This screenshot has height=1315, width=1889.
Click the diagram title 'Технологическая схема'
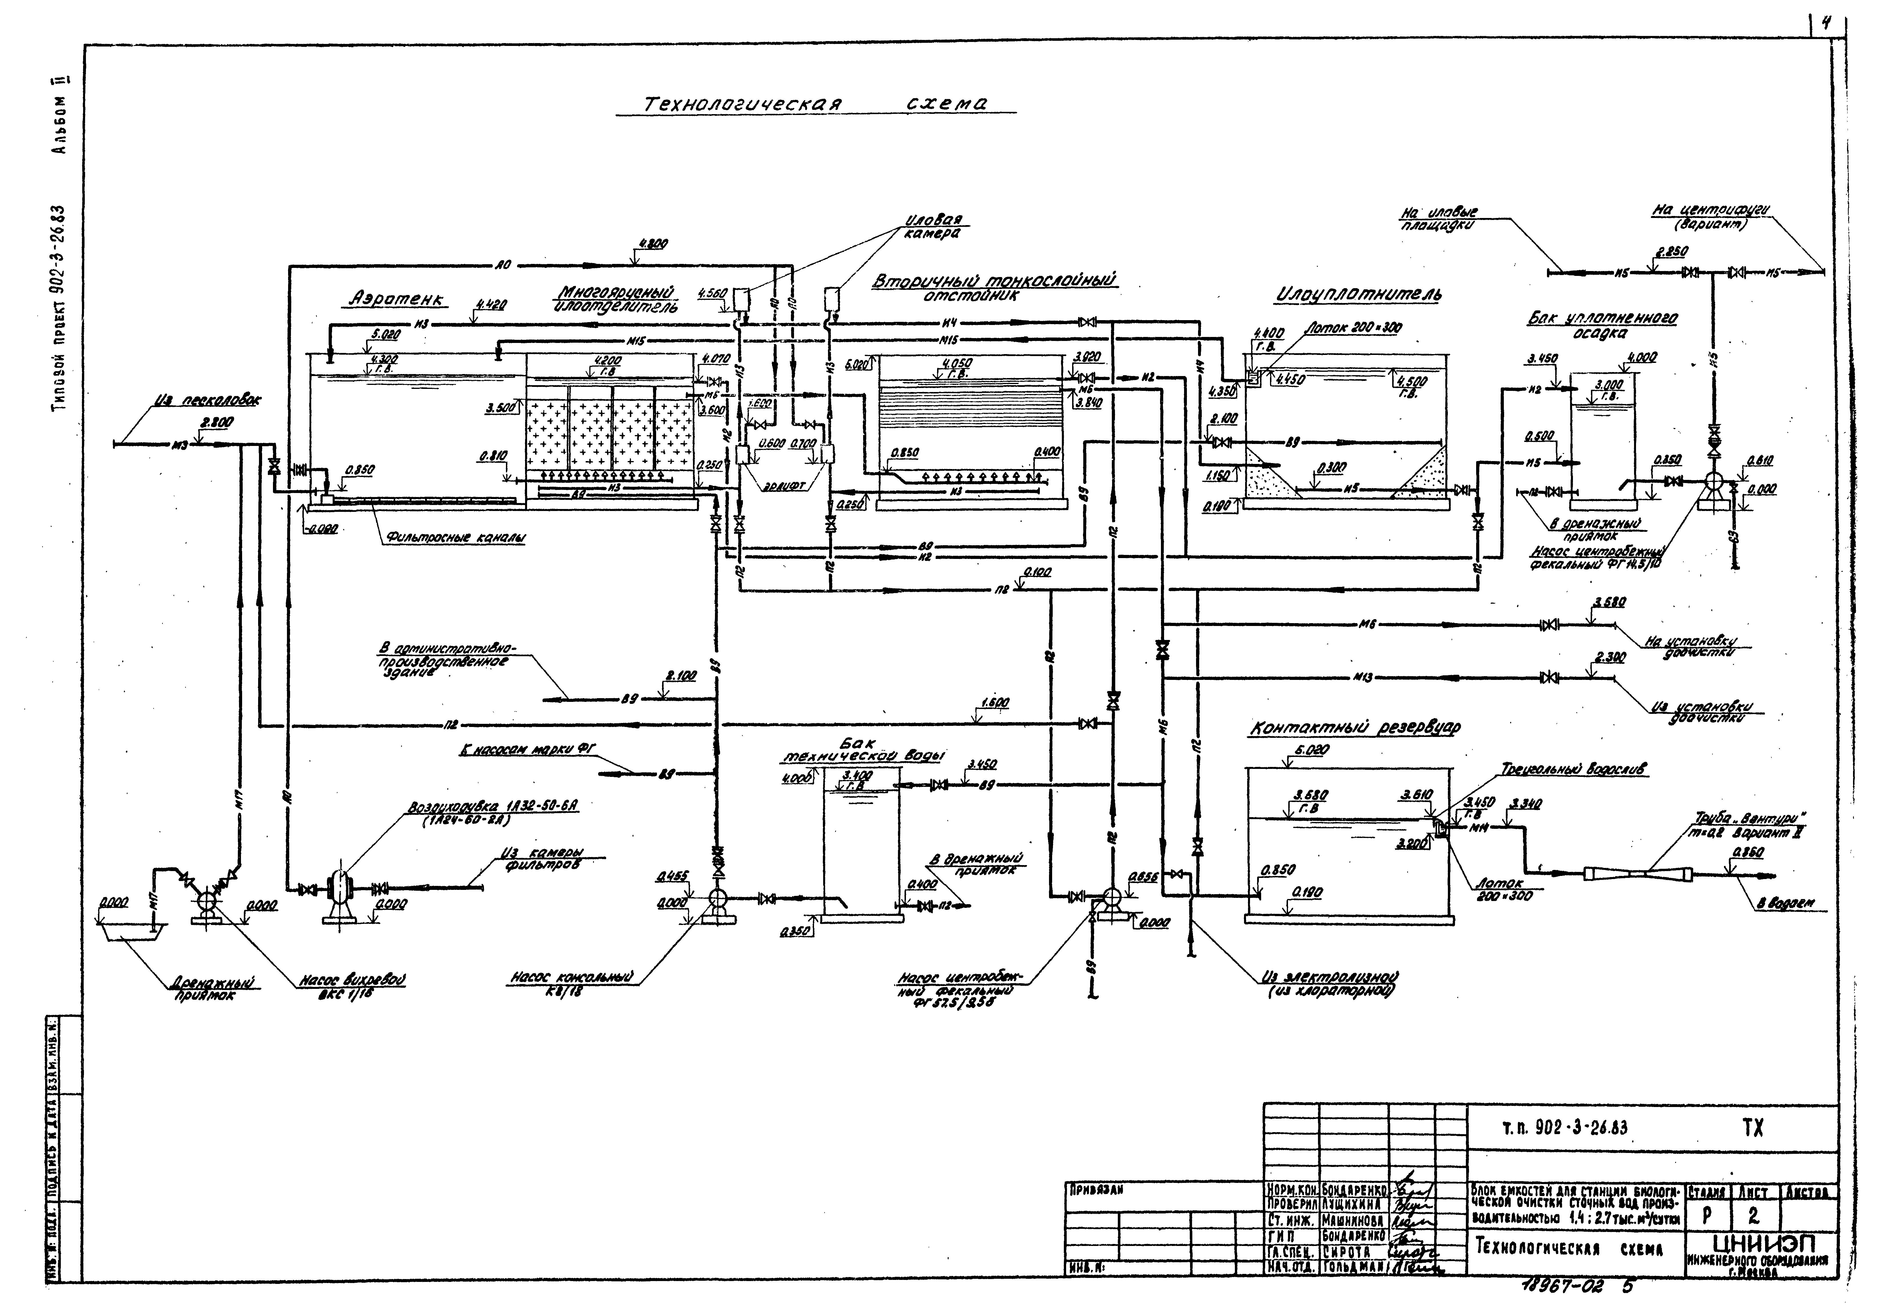tap(815, 104)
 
